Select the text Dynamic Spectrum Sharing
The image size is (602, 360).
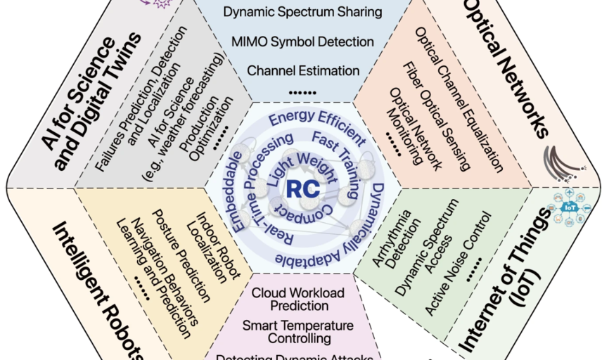[x=302, y=12]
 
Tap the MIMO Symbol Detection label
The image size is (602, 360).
[x=302, y=41]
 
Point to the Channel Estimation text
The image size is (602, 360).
[x=302, y=70]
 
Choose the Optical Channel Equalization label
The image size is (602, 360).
[x=459, y=98]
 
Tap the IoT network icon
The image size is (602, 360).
[x=569, y=207]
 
